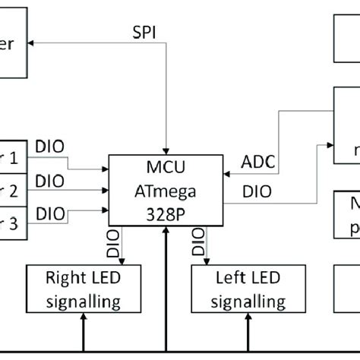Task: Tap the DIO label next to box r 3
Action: (x=50, y=214)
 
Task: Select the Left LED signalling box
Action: (x=239, y=289)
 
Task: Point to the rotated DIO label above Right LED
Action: (x=114, y=245)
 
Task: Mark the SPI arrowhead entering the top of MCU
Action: (x=167, y=150)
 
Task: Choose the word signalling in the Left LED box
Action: (x=239, y=302)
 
